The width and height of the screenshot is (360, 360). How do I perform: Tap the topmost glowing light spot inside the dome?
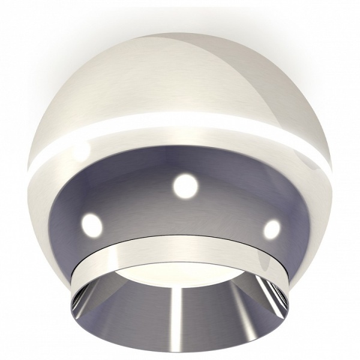click(185, 185)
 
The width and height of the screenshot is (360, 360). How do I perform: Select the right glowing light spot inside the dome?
click(271, 228)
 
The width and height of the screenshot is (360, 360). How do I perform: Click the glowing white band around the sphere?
click(180, 124)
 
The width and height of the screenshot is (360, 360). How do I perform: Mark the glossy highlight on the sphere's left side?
click(78, 150)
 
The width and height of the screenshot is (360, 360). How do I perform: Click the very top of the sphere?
click(180, 34)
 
